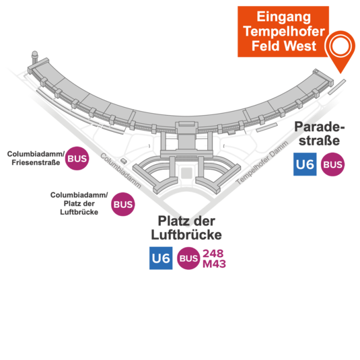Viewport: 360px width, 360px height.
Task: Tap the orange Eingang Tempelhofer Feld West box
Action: point(283,32)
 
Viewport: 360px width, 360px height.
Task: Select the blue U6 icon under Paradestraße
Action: point(305,164)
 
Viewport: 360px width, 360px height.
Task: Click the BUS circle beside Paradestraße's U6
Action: point(332,164)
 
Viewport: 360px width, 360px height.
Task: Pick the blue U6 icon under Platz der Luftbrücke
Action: point(161,258)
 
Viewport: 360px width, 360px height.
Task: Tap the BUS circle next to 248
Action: point(188,258)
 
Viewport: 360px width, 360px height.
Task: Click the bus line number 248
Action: point(213,253)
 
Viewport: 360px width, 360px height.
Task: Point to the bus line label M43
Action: point(214,264)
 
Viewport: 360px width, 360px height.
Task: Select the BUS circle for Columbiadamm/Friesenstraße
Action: point(77,158)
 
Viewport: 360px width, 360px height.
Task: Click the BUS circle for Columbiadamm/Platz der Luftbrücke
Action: point(123,204)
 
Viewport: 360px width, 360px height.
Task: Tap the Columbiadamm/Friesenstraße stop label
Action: point(36,158)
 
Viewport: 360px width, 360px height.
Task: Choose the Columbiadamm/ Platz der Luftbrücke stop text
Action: point(79,203)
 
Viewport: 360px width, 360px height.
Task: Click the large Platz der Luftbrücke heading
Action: point(186,227)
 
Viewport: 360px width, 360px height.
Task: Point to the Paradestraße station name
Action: point(320,133)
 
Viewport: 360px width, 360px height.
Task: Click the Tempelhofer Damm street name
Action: point(262,163)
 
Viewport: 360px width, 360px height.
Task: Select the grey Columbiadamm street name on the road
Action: point(120,171)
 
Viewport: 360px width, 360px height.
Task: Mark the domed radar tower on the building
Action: point(35,57)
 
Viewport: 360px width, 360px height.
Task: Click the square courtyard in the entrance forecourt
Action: point(186,173)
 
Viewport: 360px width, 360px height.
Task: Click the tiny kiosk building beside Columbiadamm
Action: point(124,161)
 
